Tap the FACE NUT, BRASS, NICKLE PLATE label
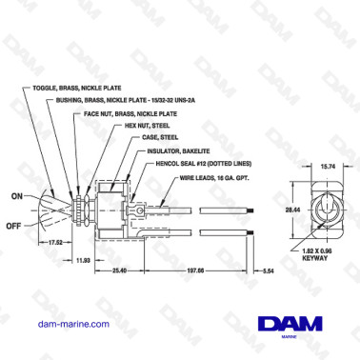[x=142, y=111]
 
